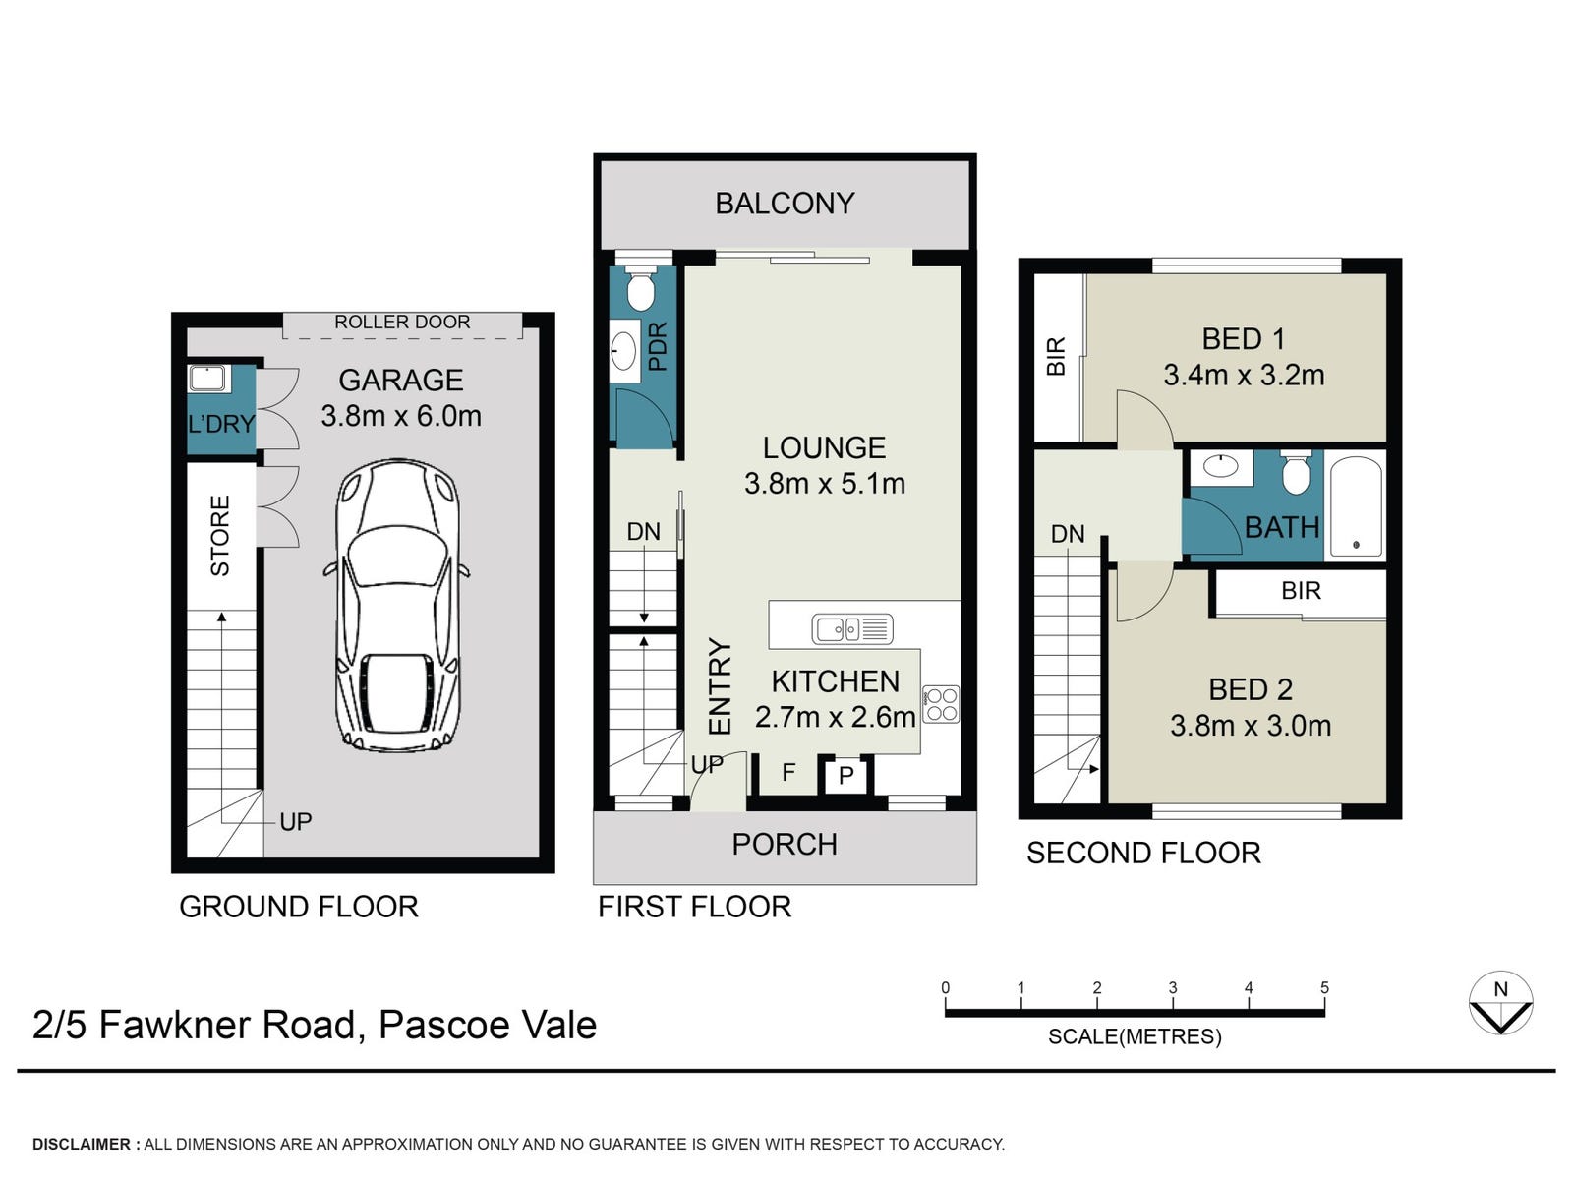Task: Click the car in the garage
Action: click(x=398, y=606)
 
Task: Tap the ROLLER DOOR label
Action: click(x=402, y=322)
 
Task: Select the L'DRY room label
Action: click(x=221, y=424)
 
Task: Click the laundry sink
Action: click(x=208, y=379)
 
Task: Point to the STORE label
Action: click(x=220, y=535)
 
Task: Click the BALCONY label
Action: click(x=785, y=204)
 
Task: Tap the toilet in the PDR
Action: click(x=640, y=287)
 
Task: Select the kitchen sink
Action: click(x=852, y=629)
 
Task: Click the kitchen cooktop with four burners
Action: click(x=941, y=704)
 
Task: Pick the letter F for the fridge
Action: click(x=788, y=772)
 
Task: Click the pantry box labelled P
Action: click(x=845, y=775)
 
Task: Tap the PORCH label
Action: click(x=785, y=844)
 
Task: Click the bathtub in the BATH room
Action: click(x=1355, y=505)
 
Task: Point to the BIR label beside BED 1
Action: click(x=1056, y=356)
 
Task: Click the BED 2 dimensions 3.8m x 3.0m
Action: click(x=1251, y=726)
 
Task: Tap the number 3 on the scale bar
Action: click(x=1173, y=988)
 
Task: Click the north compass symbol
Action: click(x=1500, y=1002)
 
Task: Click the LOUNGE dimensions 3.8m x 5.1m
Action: click(x=825, y=484)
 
